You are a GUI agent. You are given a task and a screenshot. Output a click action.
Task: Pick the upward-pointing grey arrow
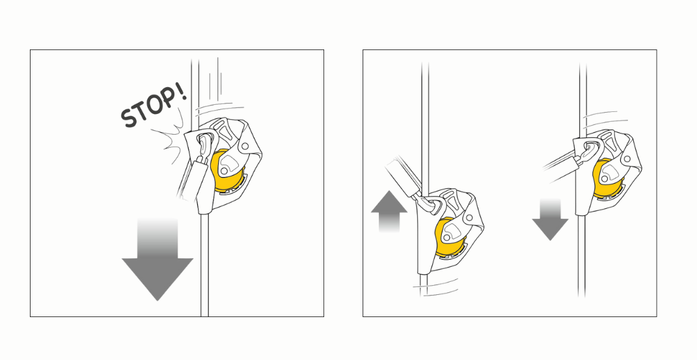tap(389, 211)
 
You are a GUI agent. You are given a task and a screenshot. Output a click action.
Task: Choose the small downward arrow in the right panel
tap(550, 219)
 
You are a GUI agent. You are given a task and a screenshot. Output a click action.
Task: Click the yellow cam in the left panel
tap(226, 171)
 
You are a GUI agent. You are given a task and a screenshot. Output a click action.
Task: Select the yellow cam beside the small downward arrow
tap(610, 177)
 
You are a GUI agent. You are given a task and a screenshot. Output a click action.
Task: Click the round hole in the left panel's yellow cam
tap(225, 171)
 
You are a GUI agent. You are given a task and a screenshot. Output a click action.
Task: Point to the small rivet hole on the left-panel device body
tap(245, 146)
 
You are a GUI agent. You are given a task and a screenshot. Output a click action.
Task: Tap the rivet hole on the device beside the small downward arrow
tap(627, 159)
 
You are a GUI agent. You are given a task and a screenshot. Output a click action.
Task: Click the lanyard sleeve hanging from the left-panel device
tap(192, 182)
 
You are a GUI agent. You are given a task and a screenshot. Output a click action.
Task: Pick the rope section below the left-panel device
tap(204, 264)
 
